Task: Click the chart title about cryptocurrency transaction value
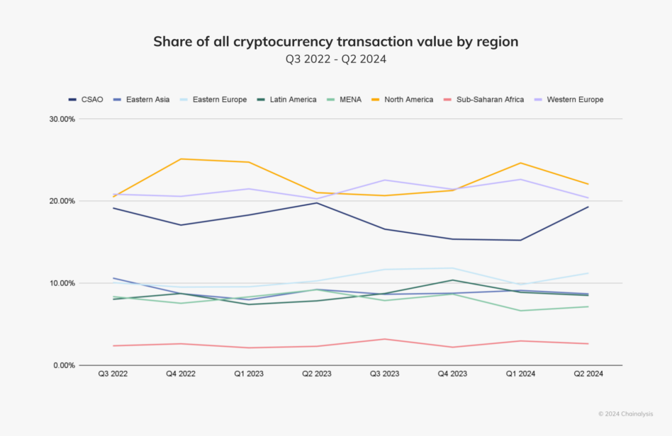(335, 42)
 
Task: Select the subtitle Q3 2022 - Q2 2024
(335, 59)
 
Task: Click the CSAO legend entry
(86, 100)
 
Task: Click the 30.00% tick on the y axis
(62, 119)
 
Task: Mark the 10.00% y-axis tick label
(62, 283)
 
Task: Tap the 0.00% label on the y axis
(64, 365)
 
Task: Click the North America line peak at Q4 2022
(181, 159)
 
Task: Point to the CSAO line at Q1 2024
(520, 240)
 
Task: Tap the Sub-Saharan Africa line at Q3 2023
(384, 339)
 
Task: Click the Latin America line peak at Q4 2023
(452, 280)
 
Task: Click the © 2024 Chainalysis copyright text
(625, 414)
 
